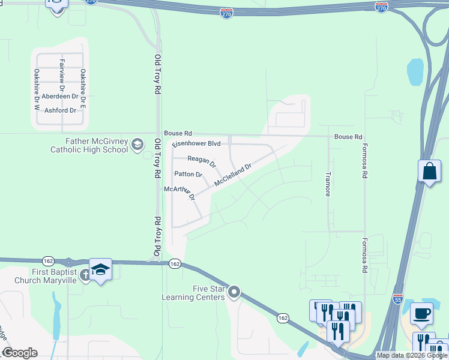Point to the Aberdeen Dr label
pos(61,96)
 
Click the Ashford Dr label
pos(61,110)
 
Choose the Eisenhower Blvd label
pos(196,144)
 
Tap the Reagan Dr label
pos(202,160)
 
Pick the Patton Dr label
pos(188,175)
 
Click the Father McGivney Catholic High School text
pos(89,145)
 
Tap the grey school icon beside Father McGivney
pos(137,144)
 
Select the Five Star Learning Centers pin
pos(234,293)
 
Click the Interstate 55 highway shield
pos(397,298)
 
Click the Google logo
pos(19,353)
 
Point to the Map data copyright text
pos(411,356)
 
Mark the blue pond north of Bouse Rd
pos(415,71)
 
